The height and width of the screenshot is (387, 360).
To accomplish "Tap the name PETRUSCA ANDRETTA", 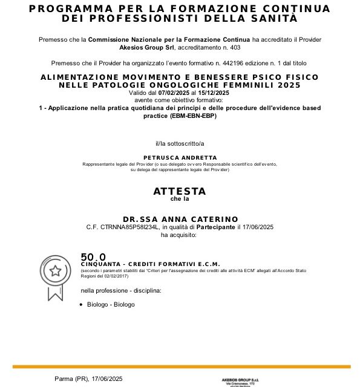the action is point(179,157).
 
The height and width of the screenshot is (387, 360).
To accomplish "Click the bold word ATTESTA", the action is point(179,191).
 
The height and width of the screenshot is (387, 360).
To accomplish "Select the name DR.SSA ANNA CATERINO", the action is point(180,219).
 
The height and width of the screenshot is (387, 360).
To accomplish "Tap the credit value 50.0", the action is point(93,257).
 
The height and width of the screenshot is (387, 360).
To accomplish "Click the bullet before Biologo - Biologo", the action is point(82,304).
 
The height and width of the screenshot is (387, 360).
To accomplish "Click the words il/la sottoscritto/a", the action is point(179,143).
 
